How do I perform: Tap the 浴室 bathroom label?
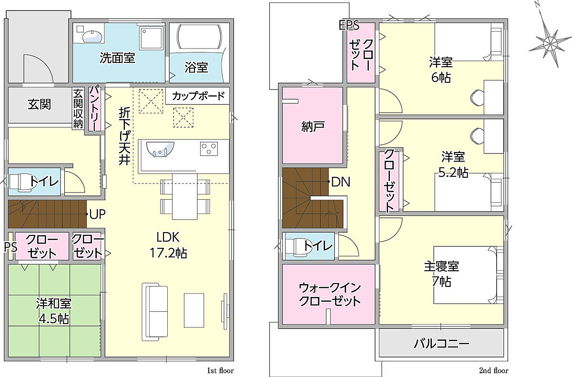[x=196, y=67]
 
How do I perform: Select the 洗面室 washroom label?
[x=117, y=58]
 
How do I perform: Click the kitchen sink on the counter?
[x=160, y=149]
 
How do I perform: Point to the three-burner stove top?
[x=209, y=149]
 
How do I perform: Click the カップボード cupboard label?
[x=198, y=96]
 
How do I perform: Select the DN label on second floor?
[x=341, y=182]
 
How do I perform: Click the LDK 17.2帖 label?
[x=168, y=245]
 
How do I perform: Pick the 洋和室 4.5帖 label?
[x=53, y=311]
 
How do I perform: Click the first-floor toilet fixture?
[x=22, y=183]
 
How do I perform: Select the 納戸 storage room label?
[x=313, y=126]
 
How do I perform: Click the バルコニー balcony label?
[x=441, y=344]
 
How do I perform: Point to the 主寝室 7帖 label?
[x=441, y=274]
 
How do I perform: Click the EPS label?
[x=349, y=25]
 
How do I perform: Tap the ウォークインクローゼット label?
[x=330, y=295]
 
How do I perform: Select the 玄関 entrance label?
[x=39, y=104]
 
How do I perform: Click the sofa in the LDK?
[x=155, y=312]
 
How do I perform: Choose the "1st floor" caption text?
[x=220, y=370]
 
